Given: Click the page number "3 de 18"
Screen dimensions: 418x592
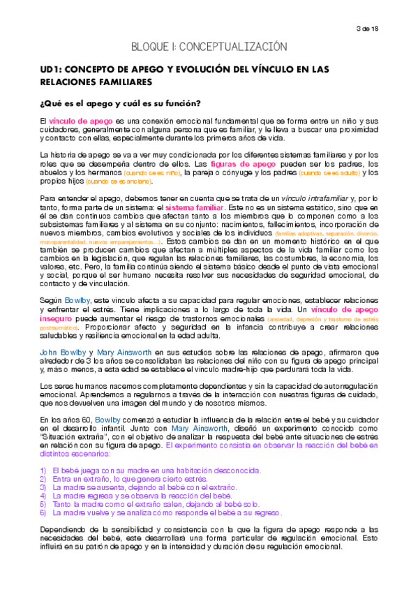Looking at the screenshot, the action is coord(385,28).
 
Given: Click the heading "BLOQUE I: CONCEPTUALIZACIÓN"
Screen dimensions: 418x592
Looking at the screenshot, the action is coord(209,47).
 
